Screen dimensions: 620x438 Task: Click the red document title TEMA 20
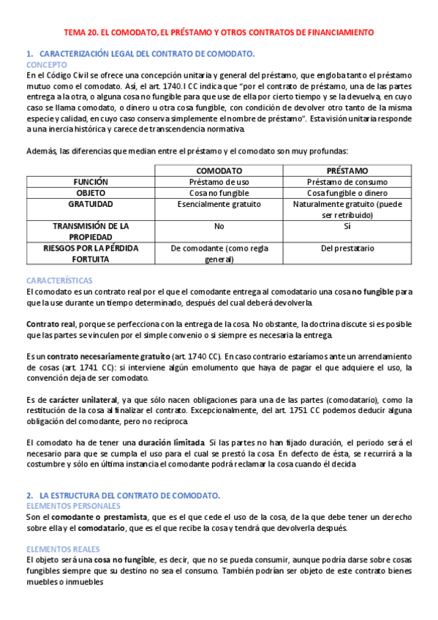(219, 33)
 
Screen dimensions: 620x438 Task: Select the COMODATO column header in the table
(219, 170)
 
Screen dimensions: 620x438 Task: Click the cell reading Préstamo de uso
(219, 181)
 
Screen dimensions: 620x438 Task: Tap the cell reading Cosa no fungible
(219, 193)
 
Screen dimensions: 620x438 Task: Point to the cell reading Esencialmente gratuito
(219, 205)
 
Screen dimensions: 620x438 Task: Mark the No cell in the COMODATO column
(219, 227)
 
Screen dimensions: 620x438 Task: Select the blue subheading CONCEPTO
(46, 64)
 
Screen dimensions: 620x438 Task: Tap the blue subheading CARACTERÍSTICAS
(59, 280)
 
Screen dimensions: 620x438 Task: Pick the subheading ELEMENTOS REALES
(62, 548)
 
